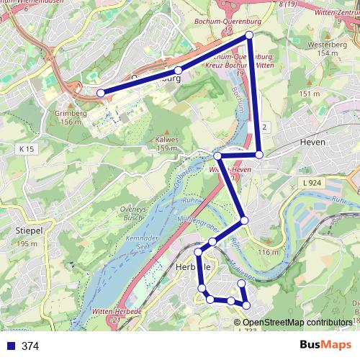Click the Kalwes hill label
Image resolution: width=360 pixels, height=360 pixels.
pyautogui.click(x=166, y=140)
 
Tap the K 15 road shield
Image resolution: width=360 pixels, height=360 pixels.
pyautogui.click(x=27, y=148)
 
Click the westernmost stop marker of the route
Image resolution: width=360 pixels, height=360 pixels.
pyautogui.click(x=101, y=92)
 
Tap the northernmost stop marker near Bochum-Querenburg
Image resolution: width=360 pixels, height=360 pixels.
pyautogui.click(x=250, y=35)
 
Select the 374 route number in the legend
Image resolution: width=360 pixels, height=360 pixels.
pyautogui.click(x=30, y=346)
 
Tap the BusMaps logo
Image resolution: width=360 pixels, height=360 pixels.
pyautogui.click(x=325, y=346)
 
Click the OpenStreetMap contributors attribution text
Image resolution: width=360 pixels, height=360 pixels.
pyautogui.click(x=297, y=323)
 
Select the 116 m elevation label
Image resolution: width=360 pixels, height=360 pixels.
pyautogui.click(x=268, y=252)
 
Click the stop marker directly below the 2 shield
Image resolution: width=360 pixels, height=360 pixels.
pyautogui.click(x=259, y=155)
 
